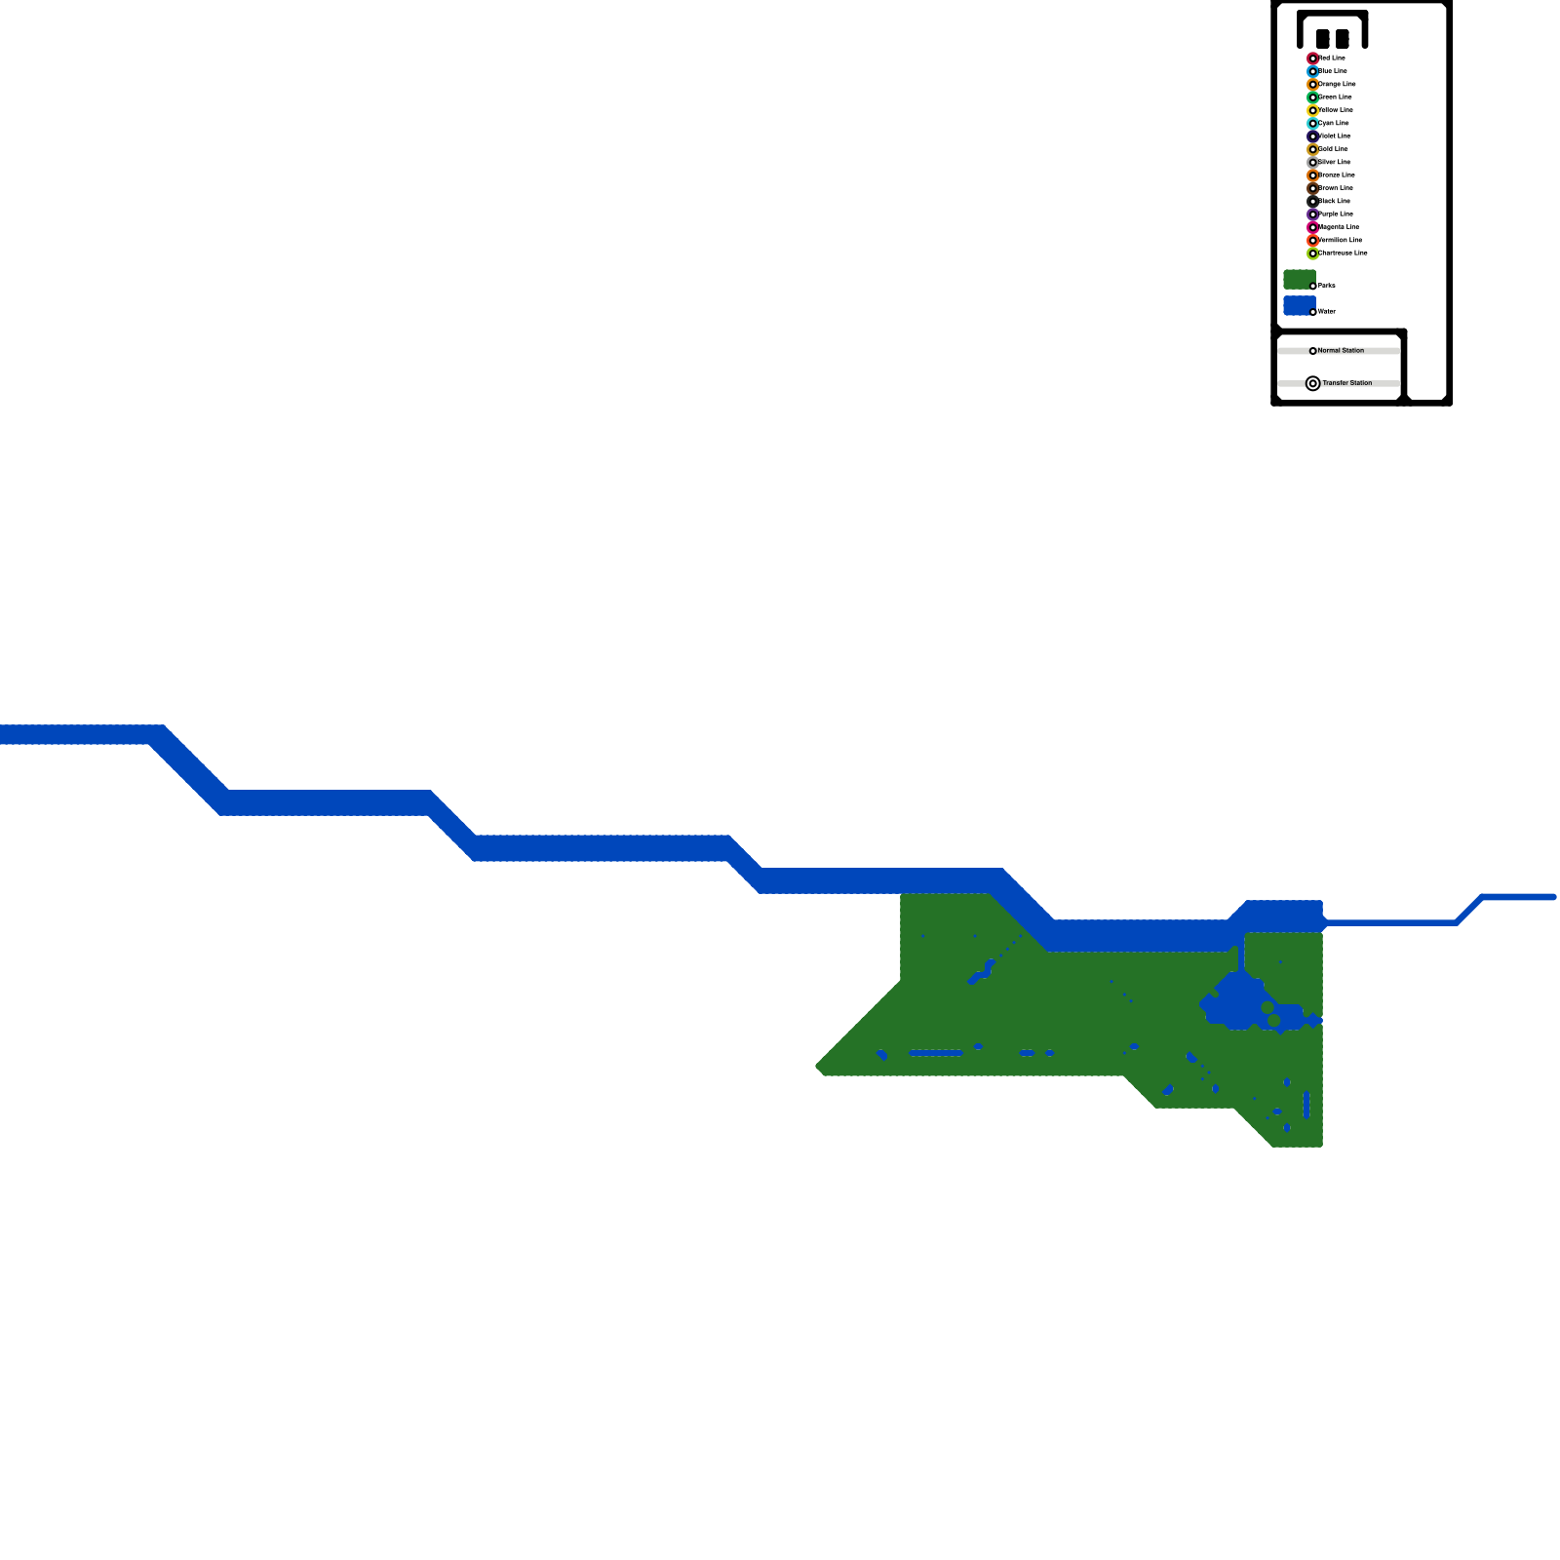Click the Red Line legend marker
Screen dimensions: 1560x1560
(1312, 58)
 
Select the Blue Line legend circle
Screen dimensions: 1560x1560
(1312, 71)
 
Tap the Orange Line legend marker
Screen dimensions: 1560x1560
(1312, 85)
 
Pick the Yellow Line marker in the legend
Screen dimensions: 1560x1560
(1312, 110)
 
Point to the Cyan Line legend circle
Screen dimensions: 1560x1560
(1312, 124)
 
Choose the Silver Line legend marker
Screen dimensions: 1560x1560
(1312, 163)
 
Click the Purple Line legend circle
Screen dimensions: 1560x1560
(1312, 214)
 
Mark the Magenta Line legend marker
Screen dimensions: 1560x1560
(1312, 227)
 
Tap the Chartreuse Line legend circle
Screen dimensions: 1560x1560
(1312, 253)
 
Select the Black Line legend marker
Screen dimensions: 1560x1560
(1312, 202)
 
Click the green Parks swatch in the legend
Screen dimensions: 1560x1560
(1299, 280)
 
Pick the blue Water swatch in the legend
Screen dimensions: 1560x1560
(1299, 306)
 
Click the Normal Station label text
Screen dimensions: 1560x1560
(1341, 350)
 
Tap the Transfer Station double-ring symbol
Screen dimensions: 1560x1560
(1312, 383)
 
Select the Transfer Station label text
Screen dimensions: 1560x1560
(1346, 383)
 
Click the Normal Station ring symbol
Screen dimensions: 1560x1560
(1312, 351)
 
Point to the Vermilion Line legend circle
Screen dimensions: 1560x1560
(1312, 241)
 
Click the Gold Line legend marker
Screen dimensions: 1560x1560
(1312, 149)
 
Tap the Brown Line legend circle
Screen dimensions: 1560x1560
(1312, 188)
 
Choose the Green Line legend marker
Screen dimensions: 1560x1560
(1312, 97)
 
